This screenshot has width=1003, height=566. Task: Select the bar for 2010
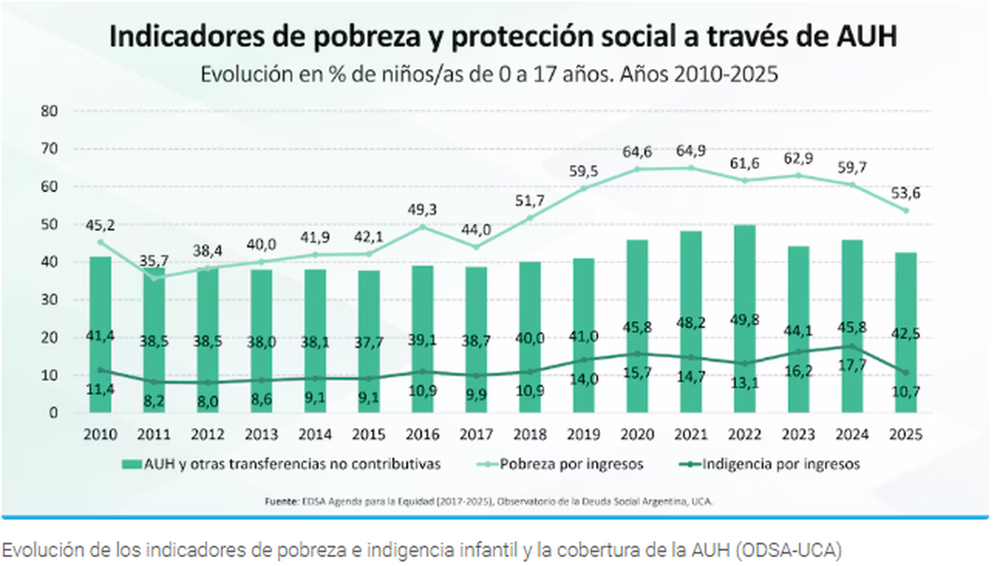pyautogui.click(x=100, y=334)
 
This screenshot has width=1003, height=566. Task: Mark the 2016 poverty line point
pyautogui.click(x=423, y=226)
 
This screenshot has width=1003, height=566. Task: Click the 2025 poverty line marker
pyautogui.click(x=906, y=210)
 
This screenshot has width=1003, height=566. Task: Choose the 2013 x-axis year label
pyautogui.click(x=262, y=435)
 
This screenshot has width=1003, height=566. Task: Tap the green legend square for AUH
pyautogui.click(x=130, y=463)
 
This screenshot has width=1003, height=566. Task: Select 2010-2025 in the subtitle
pyautogui.click(x=720, y=74)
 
